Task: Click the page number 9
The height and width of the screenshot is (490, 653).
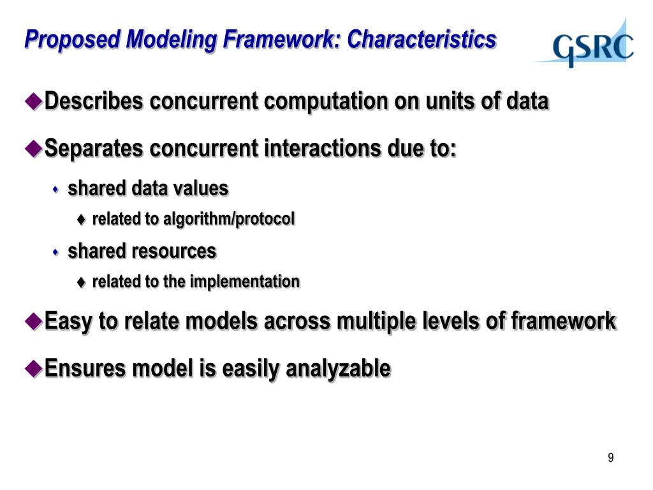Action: [610, 458]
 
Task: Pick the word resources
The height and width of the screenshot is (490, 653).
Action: [175, 251]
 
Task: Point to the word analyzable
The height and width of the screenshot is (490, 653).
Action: [338, 368]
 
